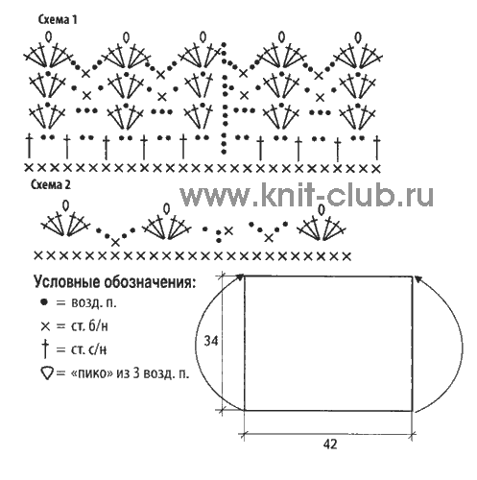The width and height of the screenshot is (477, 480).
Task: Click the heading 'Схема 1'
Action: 58,20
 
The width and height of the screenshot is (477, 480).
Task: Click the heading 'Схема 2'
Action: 51,184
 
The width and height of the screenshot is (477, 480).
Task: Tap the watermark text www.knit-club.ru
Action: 306,195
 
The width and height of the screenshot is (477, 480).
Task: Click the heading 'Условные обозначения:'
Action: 114,282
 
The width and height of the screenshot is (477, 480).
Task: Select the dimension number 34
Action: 211,341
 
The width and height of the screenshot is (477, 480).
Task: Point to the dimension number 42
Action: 330,444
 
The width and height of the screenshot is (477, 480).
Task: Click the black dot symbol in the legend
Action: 44,301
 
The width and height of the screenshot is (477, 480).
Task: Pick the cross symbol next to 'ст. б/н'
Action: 45,326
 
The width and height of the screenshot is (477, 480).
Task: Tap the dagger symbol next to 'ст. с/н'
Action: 45,348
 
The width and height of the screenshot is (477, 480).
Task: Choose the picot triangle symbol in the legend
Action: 47,372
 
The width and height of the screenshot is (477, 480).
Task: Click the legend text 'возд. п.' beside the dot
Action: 94,302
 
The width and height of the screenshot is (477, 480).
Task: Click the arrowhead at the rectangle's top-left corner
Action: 240,277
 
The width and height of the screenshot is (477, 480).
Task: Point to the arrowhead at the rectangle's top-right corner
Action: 417,278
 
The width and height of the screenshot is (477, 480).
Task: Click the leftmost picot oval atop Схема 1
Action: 49,36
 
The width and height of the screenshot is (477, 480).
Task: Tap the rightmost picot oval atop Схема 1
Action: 358,37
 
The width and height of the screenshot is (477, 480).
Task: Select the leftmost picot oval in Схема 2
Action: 65,205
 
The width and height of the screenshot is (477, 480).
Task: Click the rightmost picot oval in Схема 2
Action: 322,209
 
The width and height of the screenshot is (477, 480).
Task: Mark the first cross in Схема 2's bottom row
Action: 38,255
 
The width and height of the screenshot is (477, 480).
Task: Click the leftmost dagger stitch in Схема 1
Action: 29,147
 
